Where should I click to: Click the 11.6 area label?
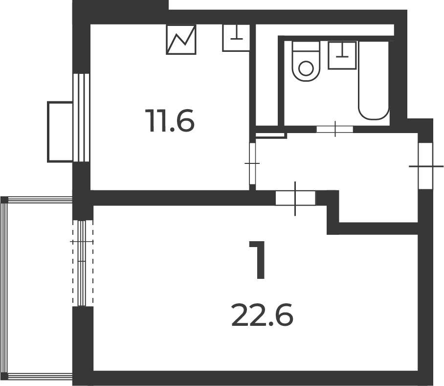[170, 121]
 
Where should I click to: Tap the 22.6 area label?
[262, 315]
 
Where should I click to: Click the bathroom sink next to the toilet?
[342, 55]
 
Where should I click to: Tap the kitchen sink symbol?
[236, 38]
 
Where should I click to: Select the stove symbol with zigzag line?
[181, 39]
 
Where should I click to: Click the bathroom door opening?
[335, 129]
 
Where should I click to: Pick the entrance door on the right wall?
[425, 166]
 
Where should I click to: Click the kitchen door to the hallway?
[252, 164]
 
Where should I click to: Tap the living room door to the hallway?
[295, 198]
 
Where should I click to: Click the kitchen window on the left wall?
[82, 118]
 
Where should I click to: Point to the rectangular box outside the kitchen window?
[60, 132]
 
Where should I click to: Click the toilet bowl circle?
[306, 68]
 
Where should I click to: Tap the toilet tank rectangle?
[306, 46]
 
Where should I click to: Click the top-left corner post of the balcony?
[4, 200]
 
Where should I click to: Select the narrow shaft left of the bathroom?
[267, 75]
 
